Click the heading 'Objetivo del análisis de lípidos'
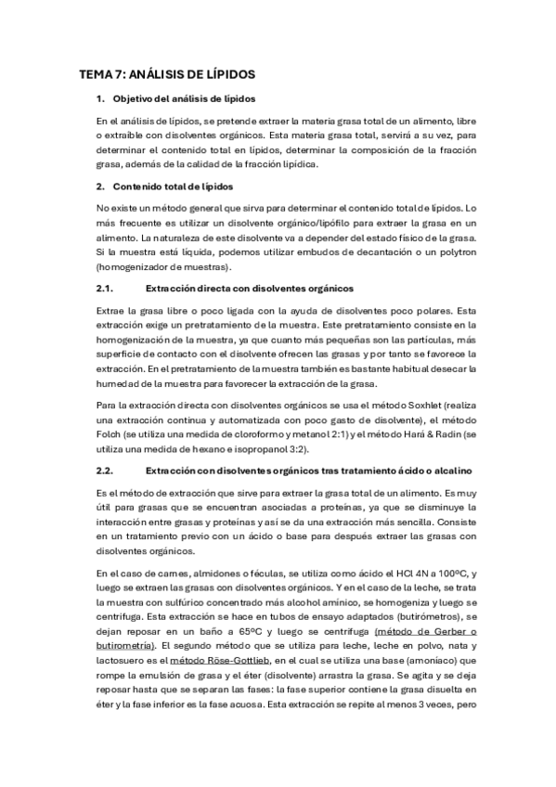click(x=185, y=98)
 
